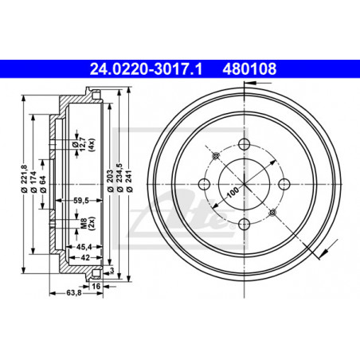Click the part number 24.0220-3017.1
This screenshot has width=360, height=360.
[146, 69]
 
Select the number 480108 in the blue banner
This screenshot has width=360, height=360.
[249, 69]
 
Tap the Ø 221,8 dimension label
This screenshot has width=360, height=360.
[24, 178]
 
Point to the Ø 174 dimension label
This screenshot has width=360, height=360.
[33, 182]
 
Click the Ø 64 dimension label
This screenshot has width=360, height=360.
[42, 184]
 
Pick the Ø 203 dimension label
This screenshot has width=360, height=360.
[110, 181]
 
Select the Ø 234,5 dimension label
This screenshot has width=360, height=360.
[119, 177]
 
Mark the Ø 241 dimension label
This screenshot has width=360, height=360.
[129, 181]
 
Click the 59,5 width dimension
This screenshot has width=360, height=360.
[81, 201]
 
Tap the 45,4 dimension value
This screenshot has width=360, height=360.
[84, 247]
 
